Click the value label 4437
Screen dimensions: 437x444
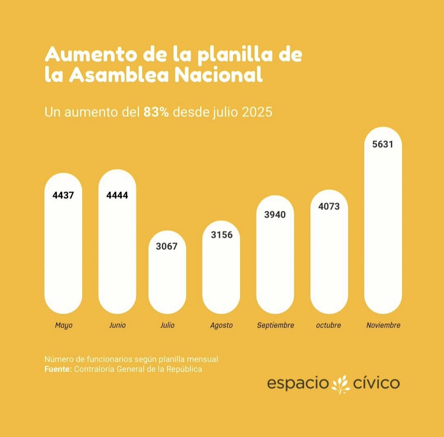[63, 195]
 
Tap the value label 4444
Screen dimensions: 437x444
[117, 195]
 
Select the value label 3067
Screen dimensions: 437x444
[167, 246]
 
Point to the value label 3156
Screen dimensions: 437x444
[222, 235]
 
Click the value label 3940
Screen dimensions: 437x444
[275, 214]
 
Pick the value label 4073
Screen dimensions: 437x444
[329, 206]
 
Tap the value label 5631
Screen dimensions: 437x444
[383, 144]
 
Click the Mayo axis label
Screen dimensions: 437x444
[64, 325]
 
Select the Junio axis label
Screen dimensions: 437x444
[118, 325]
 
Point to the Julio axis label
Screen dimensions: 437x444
[167, 325]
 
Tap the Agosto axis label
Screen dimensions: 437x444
[221, 325]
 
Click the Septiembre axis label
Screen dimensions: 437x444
[275, 325]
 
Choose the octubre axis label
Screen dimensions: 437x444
[328, 325]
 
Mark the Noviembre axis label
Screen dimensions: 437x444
[383, 325]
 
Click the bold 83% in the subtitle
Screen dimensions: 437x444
[156, 112]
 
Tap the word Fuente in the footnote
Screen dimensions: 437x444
[57, 369]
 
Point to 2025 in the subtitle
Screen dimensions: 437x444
[257, 112]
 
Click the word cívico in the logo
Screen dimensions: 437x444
[376, 384]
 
